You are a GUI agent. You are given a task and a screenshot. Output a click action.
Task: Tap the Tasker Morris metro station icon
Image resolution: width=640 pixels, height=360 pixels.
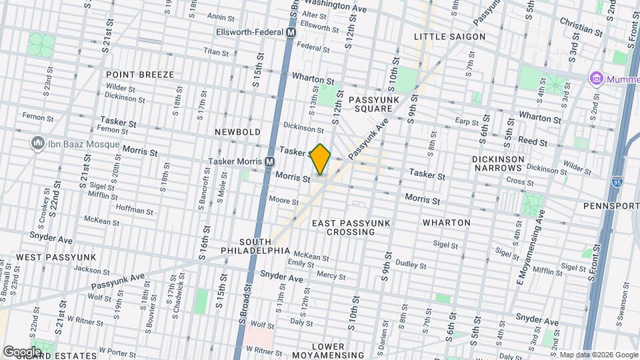click(270, 161)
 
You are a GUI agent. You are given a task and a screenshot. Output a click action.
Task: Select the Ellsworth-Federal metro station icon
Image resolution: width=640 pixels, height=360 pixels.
click(291, 32)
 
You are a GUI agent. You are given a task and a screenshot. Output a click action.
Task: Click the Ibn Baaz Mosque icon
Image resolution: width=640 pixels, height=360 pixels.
click(37, 144)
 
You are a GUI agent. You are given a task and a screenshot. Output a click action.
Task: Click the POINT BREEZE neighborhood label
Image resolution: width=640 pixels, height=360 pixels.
click(139, 75)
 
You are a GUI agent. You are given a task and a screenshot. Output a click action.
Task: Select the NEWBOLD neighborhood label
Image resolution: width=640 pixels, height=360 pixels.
click(237, 132)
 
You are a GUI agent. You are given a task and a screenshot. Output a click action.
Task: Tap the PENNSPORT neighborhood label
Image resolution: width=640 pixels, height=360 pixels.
click(611, 206)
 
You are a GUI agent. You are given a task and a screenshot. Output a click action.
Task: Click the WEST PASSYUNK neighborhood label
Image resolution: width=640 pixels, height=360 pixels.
click(56, 257)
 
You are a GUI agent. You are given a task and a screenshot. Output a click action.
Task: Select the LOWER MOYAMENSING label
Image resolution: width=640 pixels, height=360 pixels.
click(328, 351)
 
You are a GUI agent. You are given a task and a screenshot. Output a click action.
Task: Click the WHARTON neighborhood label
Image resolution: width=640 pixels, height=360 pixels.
click(447, 222)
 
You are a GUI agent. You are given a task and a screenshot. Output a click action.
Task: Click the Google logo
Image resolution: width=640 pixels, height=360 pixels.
click(21, 351)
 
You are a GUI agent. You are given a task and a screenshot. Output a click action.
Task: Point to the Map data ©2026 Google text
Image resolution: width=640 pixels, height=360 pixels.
click(598, 354)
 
